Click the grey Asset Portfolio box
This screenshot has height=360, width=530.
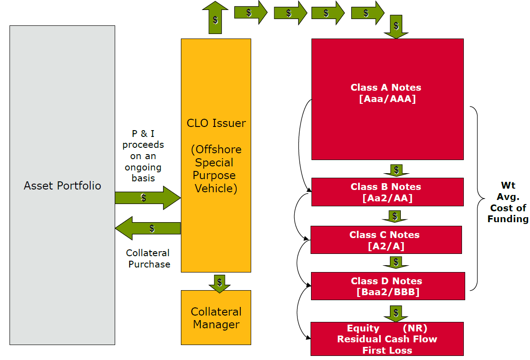[62, 185]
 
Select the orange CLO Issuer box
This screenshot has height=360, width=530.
[216, 155]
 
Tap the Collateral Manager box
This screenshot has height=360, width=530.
[216, 317]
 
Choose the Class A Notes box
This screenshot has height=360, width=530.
[387, 99]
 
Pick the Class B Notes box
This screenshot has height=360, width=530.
[387, 192]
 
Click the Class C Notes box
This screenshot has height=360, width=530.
[386, 240]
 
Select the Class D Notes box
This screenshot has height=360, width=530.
[388, 286]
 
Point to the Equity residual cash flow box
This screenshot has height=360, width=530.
[387, 339]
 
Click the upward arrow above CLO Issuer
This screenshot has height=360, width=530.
[215, 19]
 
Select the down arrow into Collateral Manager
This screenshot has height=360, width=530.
[219, 282]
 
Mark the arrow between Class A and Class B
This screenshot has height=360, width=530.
[396, 170]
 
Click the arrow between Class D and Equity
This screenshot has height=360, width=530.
[396, 313]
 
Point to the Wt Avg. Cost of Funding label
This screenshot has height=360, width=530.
[508, 202]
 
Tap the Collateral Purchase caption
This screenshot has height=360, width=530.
[148, 258]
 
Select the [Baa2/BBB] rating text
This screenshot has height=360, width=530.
[388, 292]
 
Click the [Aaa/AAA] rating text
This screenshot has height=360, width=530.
[387, 98]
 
